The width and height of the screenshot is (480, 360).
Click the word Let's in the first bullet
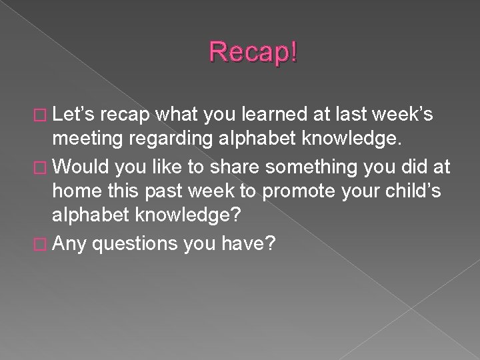75,115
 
